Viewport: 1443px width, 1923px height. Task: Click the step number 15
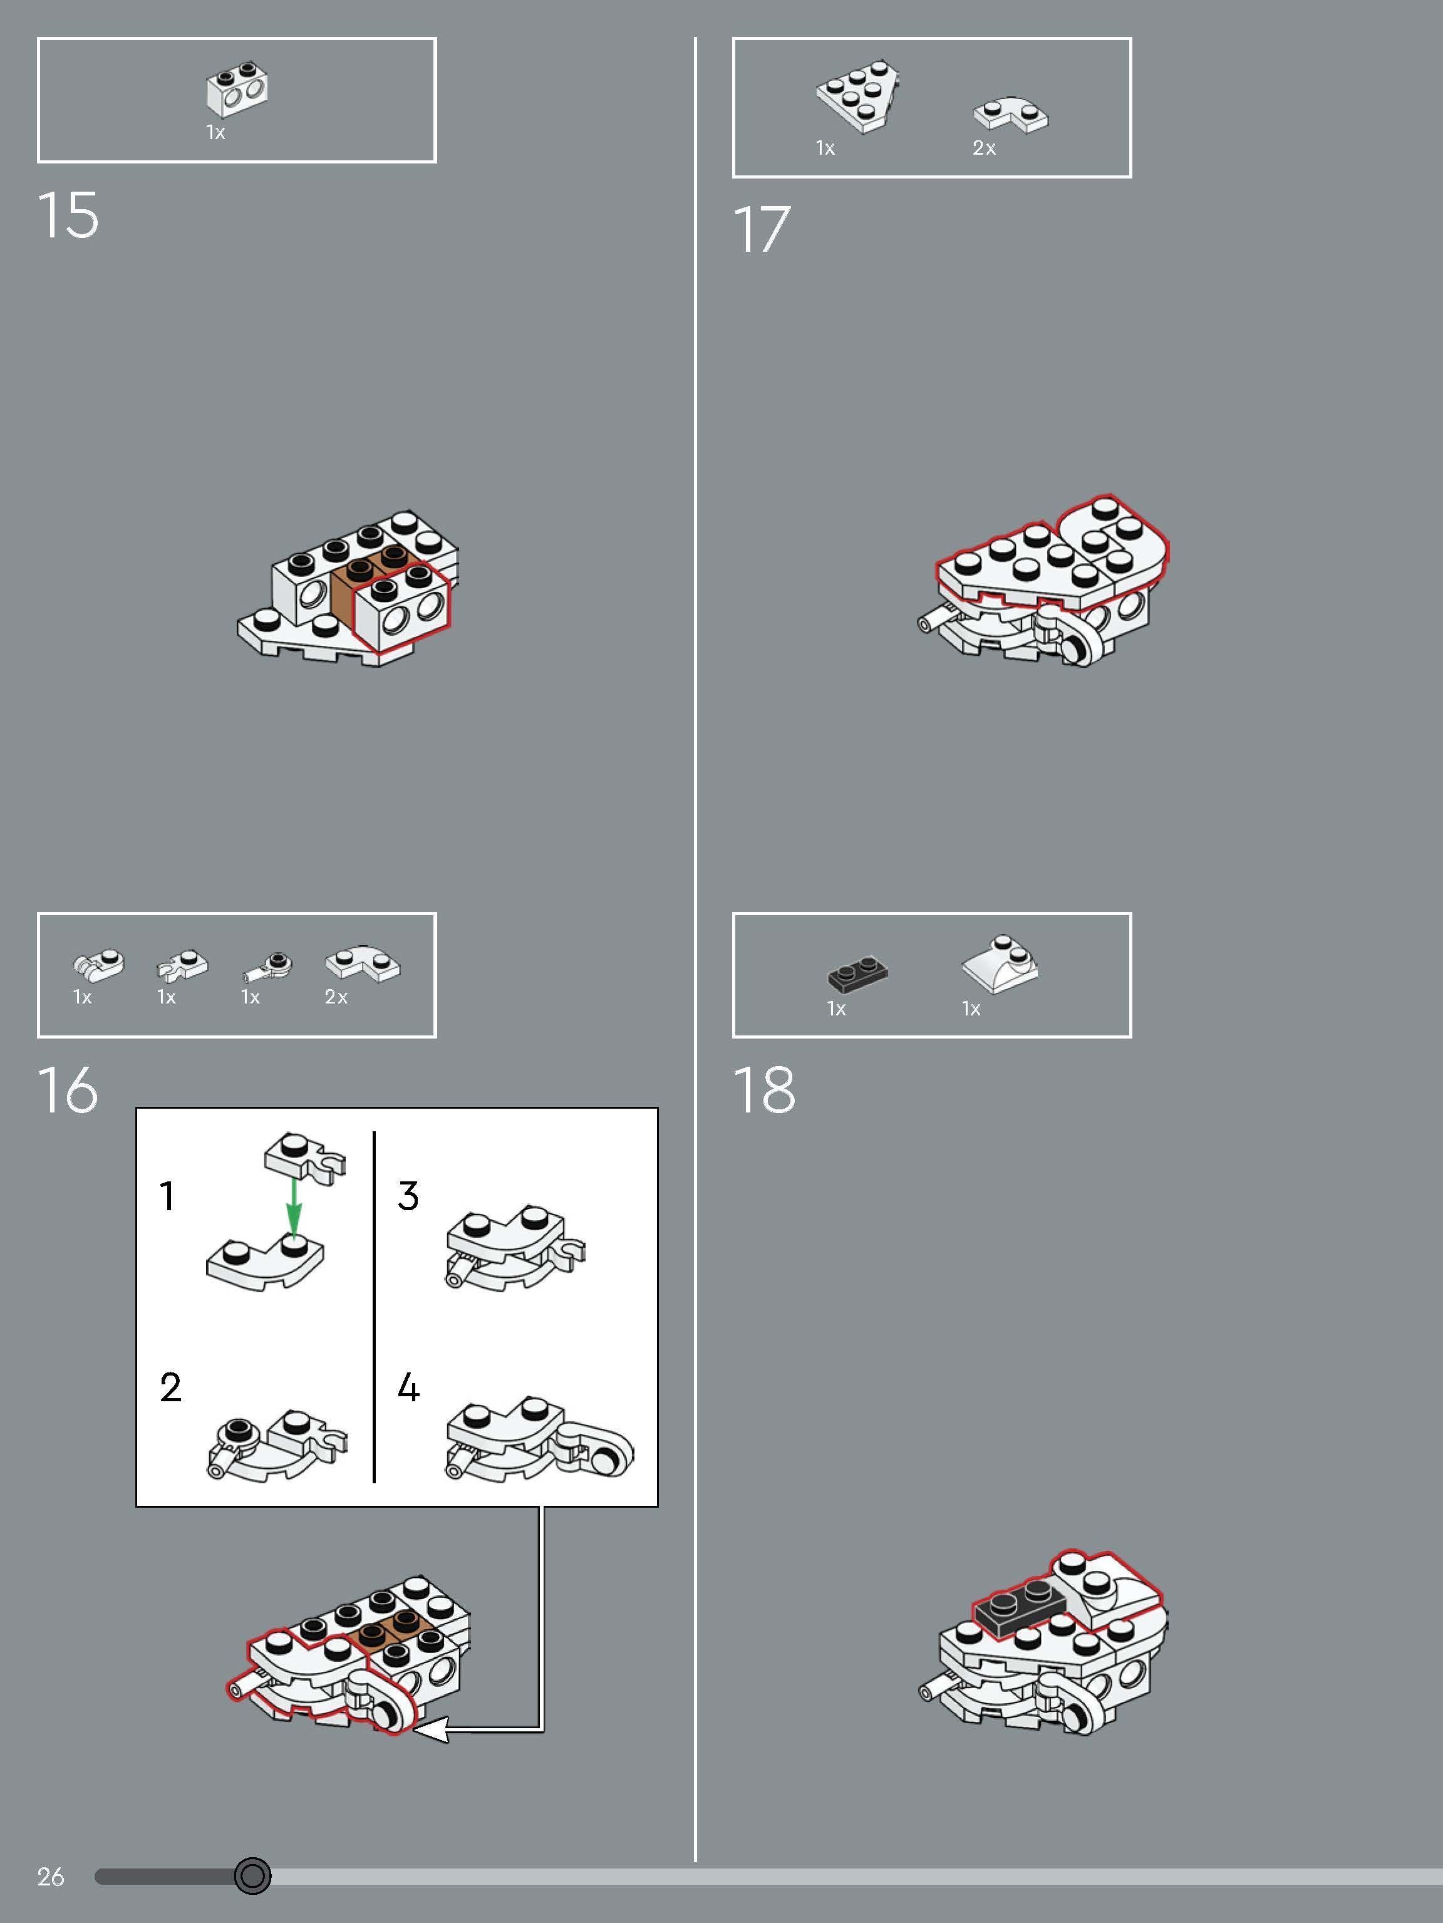tap(68, 215)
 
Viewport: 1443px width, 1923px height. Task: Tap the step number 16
tap(68, 1089)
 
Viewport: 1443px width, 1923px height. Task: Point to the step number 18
tap(764, 1089)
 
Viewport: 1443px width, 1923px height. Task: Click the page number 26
tap(51, 1877)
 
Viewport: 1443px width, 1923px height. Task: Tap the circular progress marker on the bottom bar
tap(253, 1875)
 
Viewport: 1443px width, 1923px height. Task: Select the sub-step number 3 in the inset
tap(408, 1196)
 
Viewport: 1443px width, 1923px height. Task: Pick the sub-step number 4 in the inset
tap(408, 1388)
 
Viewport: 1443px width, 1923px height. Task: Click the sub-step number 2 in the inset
tap(170, 1387)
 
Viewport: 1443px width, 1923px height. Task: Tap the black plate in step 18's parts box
tap(858, 975)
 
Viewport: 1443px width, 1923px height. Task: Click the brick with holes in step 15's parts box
tap(237, 90)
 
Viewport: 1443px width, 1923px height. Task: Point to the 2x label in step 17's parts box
tap(984, 148)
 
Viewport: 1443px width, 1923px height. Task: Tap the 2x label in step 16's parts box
tap(336, 997)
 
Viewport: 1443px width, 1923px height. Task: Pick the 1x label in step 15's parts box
tap(215, 132)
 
